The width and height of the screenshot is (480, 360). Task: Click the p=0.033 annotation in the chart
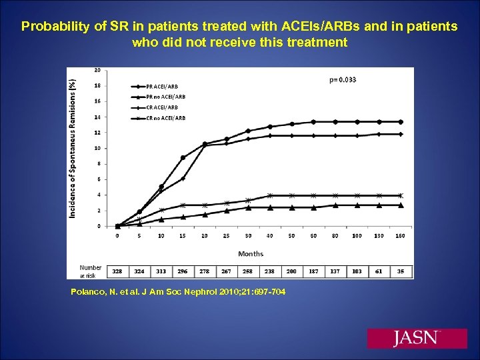[343, 79]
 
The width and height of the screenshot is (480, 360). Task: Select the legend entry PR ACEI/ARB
[161, 86]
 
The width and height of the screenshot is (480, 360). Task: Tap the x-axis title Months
[251, 253]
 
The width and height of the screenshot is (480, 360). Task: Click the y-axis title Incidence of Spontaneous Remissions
[73, 148]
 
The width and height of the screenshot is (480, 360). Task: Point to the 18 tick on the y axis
[97, 85]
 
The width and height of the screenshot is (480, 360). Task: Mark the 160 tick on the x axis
[401, 235]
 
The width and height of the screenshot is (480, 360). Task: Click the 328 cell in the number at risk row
[117, 271]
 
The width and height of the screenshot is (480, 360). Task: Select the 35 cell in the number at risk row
[401, 271]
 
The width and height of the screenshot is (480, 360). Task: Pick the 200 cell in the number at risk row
[291, 271]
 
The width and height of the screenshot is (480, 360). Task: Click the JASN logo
[417, 338]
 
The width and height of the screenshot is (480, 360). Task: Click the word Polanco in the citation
[87, 292]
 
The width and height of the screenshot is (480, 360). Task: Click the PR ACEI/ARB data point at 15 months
[183, 157]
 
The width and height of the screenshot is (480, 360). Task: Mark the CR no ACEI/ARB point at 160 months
[401, 195]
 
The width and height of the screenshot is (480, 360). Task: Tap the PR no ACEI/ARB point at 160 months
[401, 205]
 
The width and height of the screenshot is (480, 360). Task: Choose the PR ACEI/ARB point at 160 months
[401, 122]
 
